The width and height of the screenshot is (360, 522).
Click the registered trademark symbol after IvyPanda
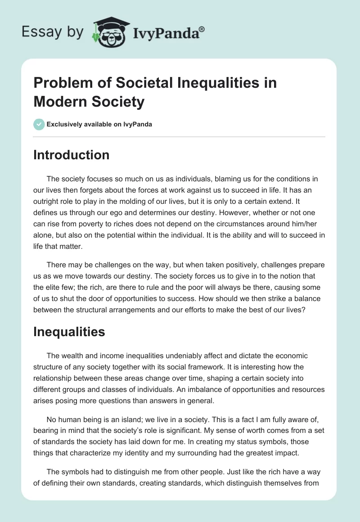[x=202, y=29]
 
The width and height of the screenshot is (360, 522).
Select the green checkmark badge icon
[x=39, y=124]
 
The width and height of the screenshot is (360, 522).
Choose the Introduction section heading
[x=71, y=155]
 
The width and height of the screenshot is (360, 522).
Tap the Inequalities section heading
[x=69, y=332]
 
